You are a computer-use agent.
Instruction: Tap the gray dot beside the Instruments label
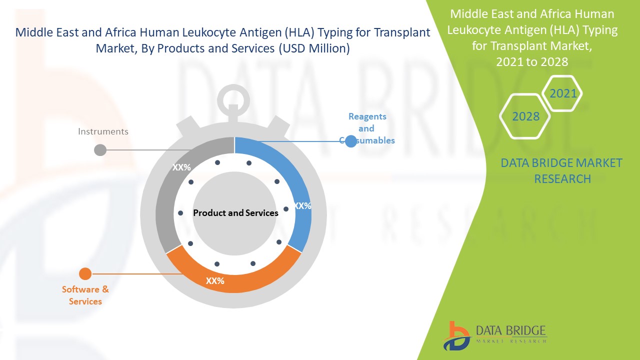100,149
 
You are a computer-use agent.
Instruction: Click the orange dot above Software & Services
85,273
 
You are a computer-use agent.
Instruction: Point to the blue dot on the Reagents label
351,141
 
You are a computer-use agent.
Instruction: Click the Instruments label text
103,131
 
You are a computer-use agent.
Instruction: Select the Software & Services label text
85,295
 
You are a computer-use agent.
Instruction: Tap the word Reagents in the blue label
367,116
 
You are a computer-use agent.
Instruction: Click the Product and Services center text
235,213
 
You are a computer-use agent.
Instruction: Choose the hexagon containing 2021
562,93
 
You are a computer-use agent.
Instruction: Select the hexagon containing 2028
525,116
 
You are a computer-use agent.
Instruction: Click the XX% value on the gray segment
181,167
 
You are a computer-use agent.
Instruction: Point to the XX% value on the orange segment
215,281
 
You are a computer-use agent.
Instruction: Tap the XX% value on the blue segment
302,205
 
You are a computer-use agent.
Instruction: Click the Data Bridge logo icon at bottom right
456,336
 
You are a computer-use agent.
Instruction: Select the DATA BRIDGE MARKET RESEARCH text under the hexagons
562,170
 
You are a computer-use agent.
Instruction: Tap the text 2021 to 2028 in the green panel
532,61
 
